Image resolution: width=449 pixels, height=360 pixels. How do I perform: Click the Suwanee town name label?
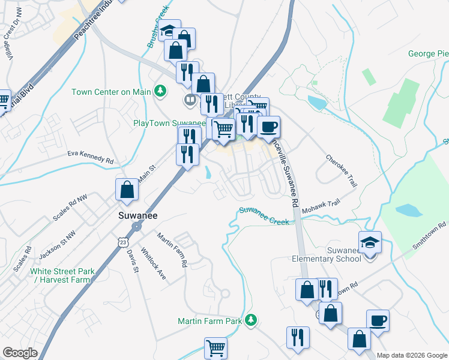133,214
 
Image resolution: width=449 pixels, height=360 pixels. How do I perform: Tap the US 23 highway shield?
123,241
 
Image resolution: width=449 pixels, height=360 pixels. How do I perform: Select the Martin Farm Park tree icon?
252,320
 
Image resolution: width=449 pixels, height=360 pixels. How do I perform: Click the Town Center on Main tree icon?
160,92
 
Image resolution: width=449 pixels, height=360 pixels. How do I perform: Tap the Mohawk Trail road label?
320,208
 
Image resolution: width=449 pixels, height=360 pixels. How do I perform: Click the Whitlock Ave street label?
152,264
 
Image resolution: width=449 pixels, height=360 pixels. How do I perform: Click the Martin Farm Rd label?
172,250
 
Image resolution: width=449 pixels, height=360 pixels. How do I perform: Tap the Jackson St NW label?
58,248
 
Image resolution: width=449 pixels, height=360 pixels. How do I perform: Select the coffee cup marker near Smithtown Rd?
378,321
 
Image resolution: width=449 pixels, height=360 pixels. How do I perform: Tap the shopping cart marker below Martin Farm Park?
215,347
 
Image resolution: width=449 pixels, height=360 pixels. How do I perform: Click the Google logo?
20,353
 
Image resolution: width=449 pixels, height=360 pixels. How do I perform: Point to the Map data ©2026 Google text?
412,355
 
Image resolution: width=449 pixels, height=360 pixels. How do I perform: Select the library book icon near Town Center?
190,100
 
